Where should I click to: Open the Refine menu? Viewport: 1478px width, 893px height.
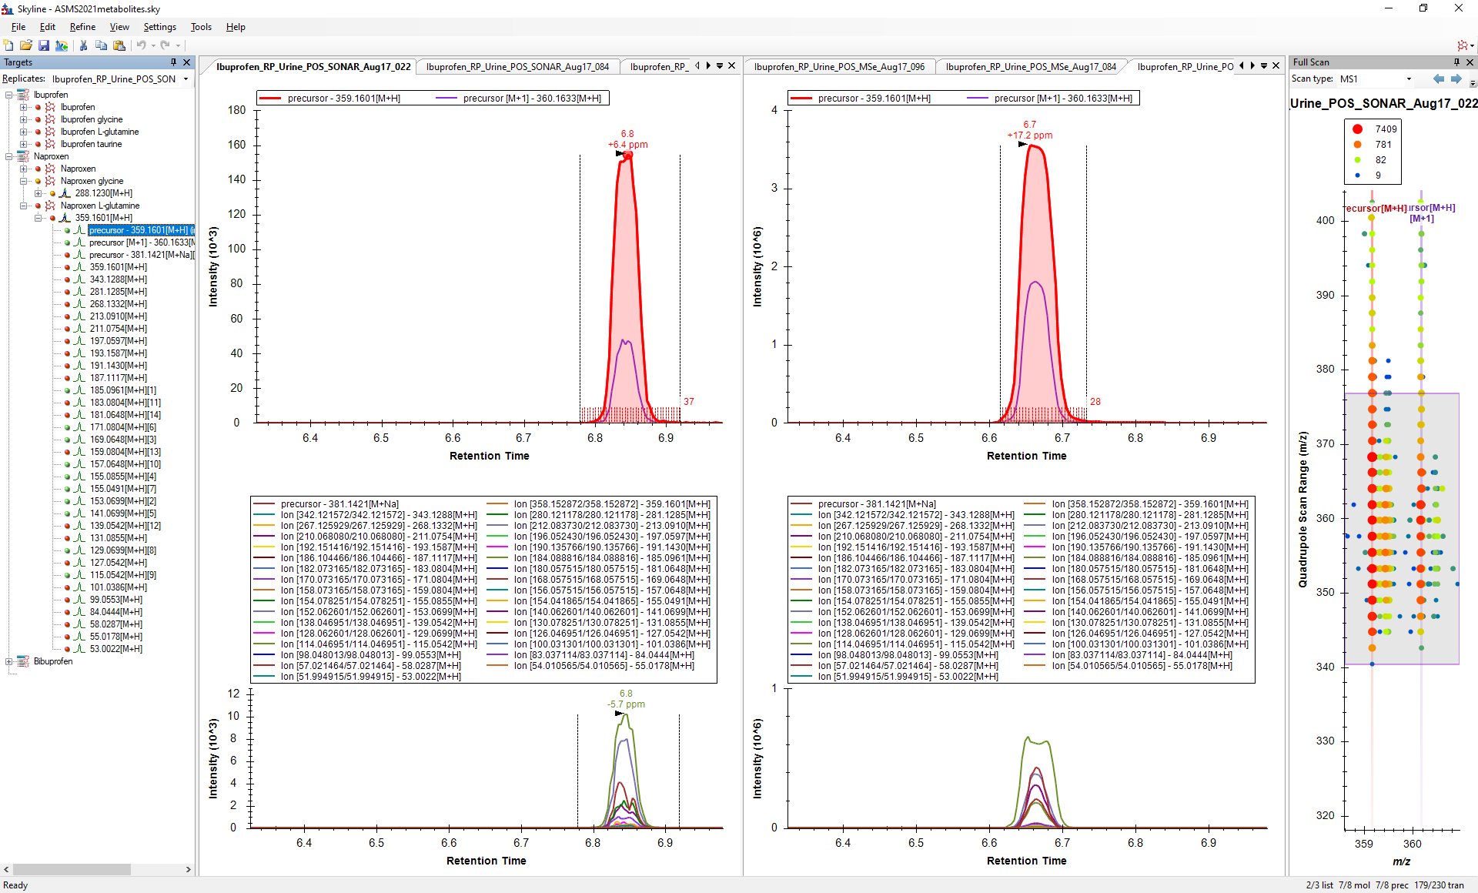(x=82, y=27)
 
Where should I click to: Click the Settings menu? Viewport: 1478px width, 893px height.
(x=159, y=27)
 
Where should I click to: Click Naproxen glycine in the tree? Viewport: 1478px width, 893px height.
(x=92, y=181)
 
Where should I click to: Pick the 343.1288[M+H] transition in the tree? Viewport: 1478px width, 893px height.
(x=118, y=279)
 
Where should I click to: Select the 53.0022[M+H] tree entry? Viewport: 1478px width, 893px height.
(x=115, y=649)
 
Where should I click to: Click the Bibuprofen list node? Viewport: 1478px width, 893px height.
(x=53, y=661)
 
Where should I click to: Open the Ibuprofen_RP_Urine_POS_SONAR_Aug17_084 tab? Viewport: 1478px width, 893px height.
(x=517, y=67)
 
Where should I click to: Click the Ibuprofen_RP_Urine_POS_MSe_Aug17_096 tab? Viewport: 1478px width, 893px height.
(x=839, y=67)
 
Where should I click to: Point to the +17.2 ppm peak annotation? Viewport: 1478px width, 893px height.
(x=1030, y=135)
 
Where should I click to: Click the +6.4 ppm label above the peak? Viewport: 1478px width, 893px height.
(x=627, y=145)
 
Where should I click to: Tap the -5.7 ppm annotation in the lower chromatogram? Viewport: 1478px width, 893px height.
(x=626, y=704)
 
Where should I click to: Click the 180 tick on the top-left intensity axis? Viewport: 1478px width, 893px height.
(x=237, y=110)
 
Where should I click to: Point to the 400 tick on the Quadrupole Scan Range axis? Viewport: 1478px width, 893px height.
(x=1325, y=220)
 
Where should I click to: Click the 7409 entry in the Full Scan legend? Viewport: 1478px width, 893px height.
(x=1386, y=129)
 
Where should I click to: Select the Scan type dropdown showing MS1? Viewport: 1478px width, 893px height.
(x=1375, y=79)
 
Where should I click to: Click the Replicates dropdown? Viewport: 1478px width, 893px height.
(x=120, y=79)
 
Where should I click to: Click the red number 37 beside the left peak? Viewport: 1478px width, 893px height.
(x=688, y=402)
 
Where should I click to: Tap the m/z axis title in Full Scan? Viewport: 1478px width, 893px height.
(x=1401, y=861)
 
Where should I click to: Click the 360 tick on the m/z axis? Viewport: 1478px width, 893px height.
(x=1412, y=844)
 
